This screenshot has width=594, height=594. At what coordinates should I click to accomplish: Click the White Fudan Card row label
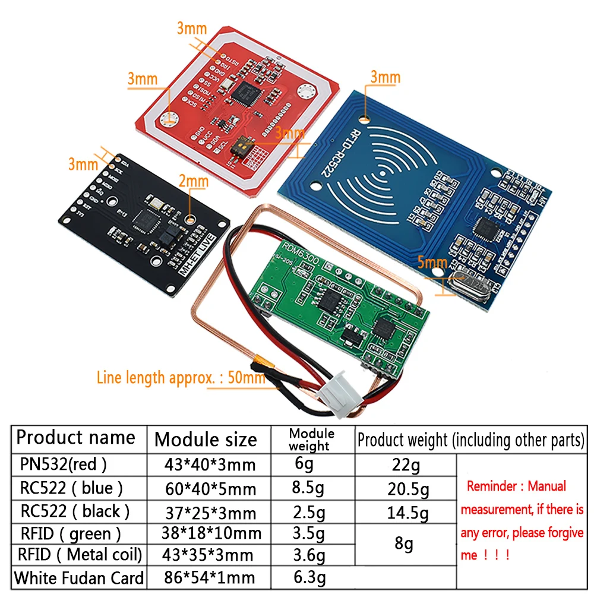coord(79,577)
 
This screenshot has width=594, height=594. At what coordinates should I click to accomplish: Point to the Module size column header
coord(206,440)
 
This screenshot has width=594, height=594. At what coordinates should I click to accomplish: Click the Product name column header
coord(75,438)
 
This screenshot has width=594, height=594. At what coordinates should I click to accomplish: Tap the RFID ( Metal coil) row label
coord(80,555)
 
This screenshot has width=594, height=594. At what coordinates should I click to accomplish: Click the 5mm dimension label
coord(432,262)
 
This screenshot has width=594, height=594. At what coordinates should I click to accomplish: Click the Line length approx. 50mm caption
coord(181,377)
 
